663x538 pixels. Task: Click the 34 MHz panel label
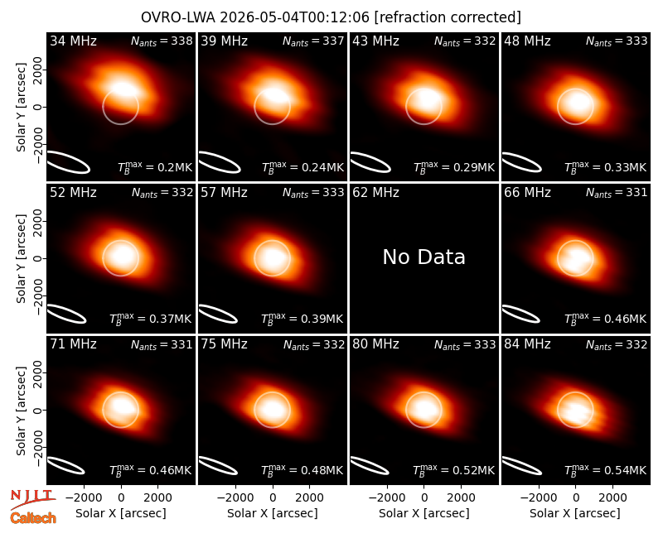(73, 41)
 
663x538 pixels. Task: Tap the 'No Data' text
(423, 257)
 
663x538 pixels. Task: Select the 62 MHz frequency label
(375, 193)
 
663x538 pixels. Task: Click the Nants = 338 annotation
(162, 41)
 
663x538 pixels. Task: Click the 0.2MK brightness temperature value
(175, 167)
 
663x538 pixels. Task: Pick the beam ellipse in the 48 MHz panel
(522, 162)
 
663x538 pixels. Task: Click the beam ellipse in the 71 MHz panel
(65, 465)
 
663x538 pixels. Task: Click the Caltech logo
(33, 518)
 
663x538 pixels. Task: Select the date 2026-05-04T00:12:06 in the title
(294, 17)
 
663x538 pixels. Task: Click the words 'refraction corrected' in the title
(448, 17)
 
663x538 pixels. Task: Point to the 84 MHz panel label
(527, 344)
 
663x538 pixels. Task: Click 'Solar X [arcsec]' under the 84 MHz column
(575, 513)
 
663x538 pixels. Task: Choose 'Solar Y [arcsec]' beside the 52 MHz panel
(21, 258)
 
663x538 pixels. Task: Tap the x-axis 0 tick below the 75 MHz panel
(273, 498)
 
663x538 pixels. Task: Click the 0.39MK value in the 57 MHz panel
(322, 319)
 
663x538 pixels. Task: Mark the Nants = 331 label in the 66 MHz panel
(617, 193)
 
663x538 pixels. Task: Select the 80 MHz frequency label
(375, 344)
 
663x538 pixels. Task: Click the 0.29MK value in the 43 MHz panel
(473, 167)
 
